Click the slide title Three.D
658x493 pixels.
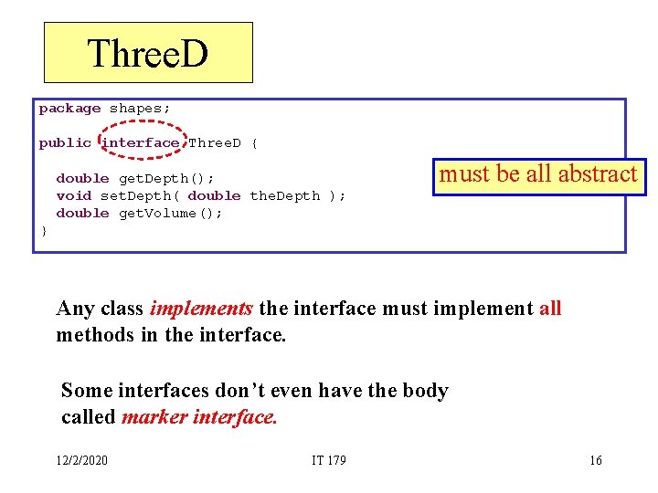(148, 53)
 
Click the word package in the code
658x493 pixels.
(69, 109)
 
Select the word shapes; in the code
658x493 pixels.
(140, 109)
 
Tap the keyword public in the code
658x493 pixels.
(65, 143)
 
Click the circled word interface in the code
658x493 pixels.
(141, 143)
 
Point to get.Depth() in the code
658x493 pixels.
(166, 179)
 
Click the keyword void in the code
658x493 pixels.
(73, 196)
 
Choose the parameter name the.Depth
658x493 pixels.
(284, 196)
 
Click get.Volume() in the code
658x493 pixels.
(171, 214)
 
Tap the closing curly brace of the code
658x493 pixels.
(43, 231)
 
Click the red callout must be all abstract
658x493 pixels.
(538, 174)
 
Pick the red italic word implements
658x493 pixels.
(201, 309)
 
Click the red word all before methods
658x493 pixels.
(550, 309)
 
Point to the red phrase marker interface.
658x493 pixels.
(198, 417)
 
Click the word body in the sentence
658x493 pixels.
(426, 391)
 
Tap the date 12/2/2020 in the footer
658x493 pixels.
(80, 460)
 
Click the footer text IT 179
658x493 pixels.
(328, 460)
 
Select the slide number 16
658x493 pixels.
(596, 460)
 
